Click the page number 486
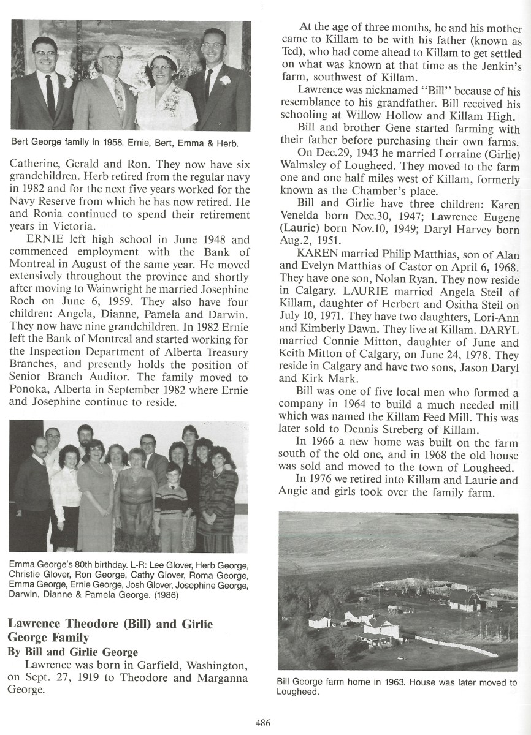pos(262,723)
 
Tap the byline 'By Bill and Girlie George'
pos(72,652)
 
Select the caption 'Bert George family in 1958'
pos(72,144)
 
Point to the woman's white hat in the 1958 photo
pos(164,58)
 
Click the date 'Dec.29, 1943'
pos(350,153)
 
